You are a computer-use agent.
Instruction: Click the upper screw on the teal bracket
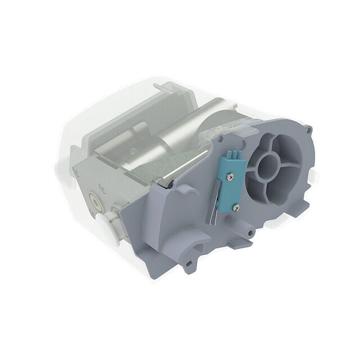[229, 177]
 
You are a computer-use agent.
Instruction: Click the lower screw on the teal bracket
[236, 208]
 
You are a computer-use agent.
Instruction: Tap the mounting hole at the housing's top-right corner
[308, 129]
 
